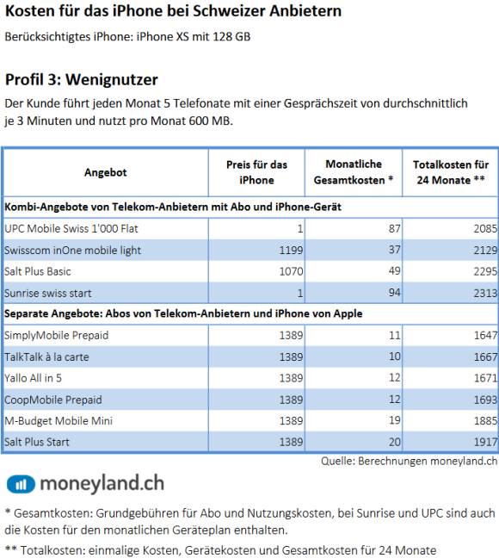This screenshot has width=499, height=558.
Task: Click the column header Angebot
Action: click(105, 172)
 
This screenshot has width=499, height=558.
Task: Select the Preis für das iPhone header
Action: click(256, 172)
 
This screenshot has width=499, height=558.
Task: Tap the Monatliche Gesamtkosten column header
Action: click(354, 172)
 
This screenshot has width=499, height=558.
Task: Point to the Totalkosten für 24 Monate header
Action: click(451, 172)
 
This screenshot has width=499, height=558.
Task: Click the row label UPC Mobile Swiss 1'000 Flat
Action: click(71, 228)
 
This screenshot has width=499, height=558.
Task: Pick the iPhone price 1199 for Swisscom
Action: click(291, 251)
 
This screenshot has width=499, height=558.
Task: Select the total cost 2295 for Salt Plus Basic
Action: click(485, 271)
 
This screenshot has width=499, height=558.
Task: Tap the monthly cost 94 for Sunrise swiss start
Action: click(394, 293)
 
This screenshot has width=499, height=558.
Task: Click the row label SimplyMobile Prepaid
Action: click(56, 335)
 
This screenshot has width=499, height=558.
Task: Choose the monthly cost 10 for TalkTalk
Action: click(394, 356)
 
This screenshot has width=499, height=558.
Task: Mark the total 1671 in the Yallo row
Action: click(485, 378)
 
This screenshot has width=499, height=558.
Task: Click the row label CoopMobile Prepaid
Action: click(53, 400)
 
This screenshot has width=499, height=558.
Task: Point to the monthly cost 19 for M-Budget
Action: click(394, 420)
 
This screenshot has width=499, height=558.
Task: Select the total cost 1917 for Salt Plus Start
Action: click(485, 442)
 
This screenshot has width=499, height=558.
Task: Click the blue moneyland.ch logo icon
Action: click(21, 484)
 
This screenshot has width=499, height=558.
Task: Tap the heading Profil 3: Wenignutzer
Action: click(82, 79)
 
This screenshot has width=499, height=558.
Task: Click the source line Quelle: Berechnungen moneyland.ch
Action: click(409, 462)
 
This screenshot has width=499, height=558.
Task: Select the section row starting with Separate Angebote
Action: click(183, 313)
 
